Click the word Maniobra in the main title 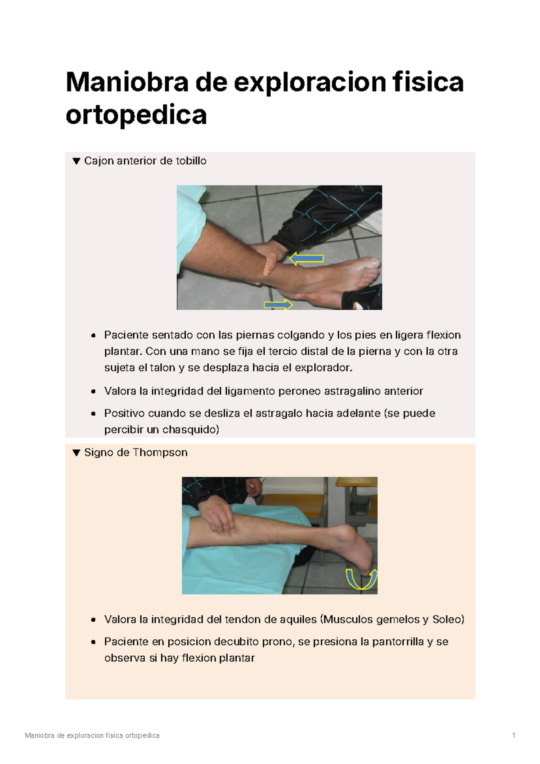tap(126, 82)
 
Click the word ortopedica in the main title tap(136, 115)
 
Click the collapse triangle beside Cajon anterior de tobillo tap(76, 161)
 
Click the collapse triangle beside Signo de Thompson tap(76, 453)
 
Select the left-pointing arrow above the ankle tap(306, 258)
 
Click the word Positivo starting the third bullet tap(124, 413)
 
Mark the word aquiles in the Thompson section tap(298, 619)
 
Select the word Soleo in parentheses tap(446, 619)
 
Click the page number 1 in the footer tap(513, 736)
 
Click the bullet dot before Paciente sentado tap(93, 335)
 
